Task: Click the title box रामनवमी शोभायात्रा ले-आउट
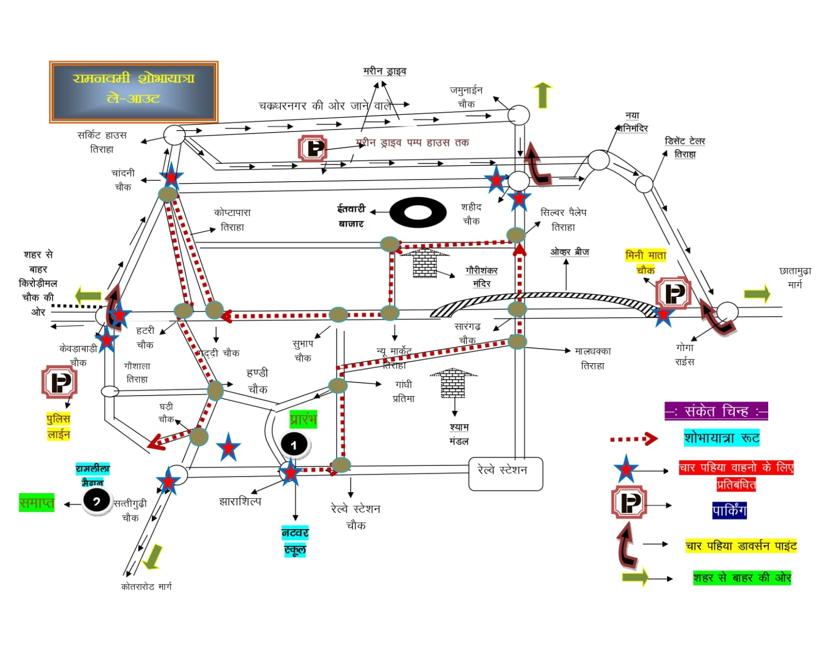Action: pyautogui.click(x=134, y=92)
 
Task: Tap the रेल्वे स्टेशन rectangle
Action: pyautogui.click(x=505, y=474)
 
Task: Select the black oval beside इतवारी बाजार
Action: pyautogui.click(x=418, y=212)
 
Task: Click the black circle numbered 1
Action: pyautogui.click(x=294, y=445)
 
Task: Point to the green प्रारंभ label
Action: pyautogui.click(x=303, y=419)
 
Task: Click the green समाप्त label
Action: pyautogui.click(x=37, y=503)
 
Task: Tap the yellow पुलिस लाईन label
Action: pyautogui.click(x=58, y=426)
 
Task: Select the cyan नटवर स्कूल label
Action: pyautogui.click(x=295, y=541)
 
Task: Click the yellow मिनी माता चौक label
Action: pyautogui.click(x=646, y=262)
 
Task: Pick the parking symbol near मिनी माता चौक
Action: pyautogui.click(x=673, y=293)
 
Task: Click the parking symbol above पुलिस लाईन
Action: pyautogui.click(x=59, y=382)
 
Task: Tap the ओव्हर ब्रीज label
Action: pyautogui.click(x=569, y=252)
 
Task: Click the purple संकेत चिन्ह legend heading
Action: pyautogui.click(x=716, y=411)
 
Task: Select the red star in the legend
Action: pyautogui.click(x=626, y=469)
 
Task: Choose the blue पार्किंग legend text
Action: pyautogui.click(x=729, y=510)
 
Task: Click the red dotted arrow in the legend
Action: pyautogui.click(x=634, y=439)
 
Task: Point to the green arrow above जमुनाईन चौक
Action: pyautogui.click(x=543, y=95)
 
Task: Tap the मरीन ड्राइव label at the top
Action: pyautogui.click(x=385, y=71)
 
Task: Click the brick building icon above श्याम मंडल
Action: pyautogui.click(x=453, y=383)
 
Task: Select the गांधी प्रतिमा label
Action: pyautogui.click(x=403, y=391)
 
